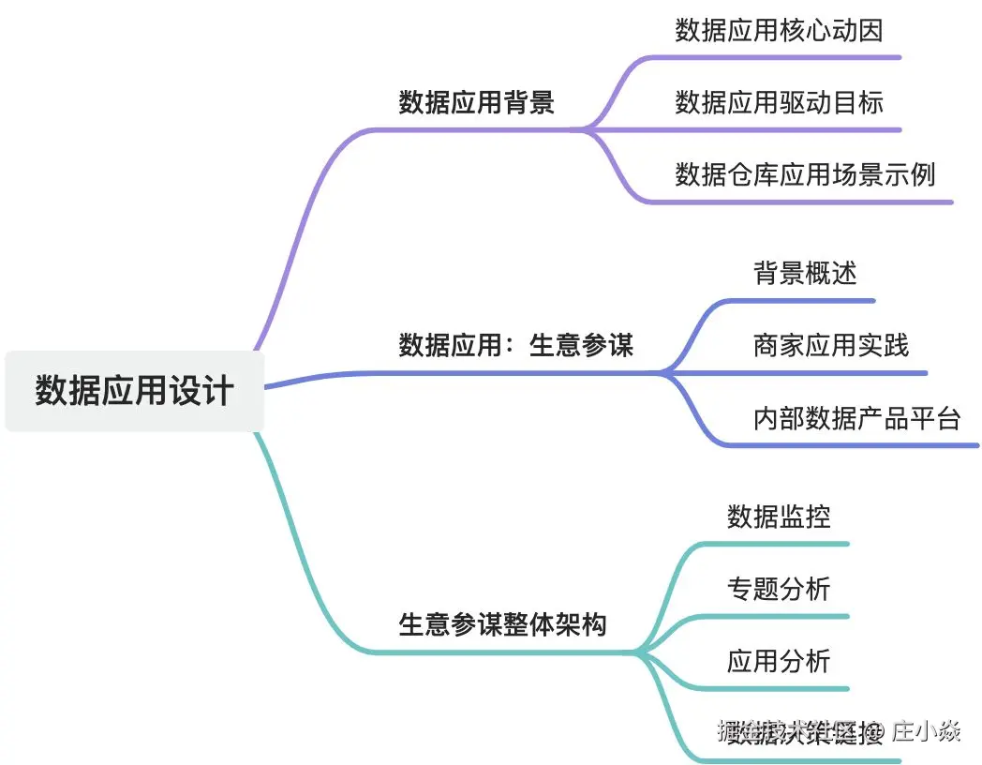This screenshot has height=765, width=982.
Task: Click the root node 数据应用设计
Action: tap(134, 391)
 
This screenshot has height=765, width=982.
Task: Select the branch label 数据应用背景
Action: tap(476, 102)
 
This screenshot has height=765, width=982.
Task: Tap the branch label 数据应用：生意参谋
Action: tap(516, 345)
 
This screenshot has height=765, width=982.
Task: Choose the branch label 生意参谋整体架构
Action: tap(503, 624)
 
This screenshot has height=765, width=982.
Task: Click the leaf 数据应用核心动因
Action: tap(779, 31)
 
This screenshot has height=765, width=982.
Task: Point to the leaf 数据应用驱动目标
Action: tap(779, 102)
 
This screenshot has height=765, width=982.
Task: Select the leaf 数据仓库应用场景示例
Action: tap(805, 174)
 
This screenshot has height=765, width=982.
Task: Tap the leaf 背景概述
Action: tap(805, 273)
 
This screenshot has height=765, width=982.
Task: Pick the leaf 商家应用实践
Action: tap(830, 345)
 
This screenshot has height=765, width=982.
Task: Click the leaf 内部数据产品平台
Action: tap(856, 418)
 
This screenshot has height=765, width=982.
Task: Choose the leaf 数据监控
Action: tap(779, 517)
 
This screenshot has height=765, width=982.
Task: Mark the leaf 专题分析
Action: tap(779, 589)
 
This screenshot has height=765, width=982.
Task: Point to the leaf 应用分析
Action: tap(779, 661)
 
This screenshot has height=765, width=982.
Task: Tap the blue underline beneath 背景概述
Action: tap(806, 301)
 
